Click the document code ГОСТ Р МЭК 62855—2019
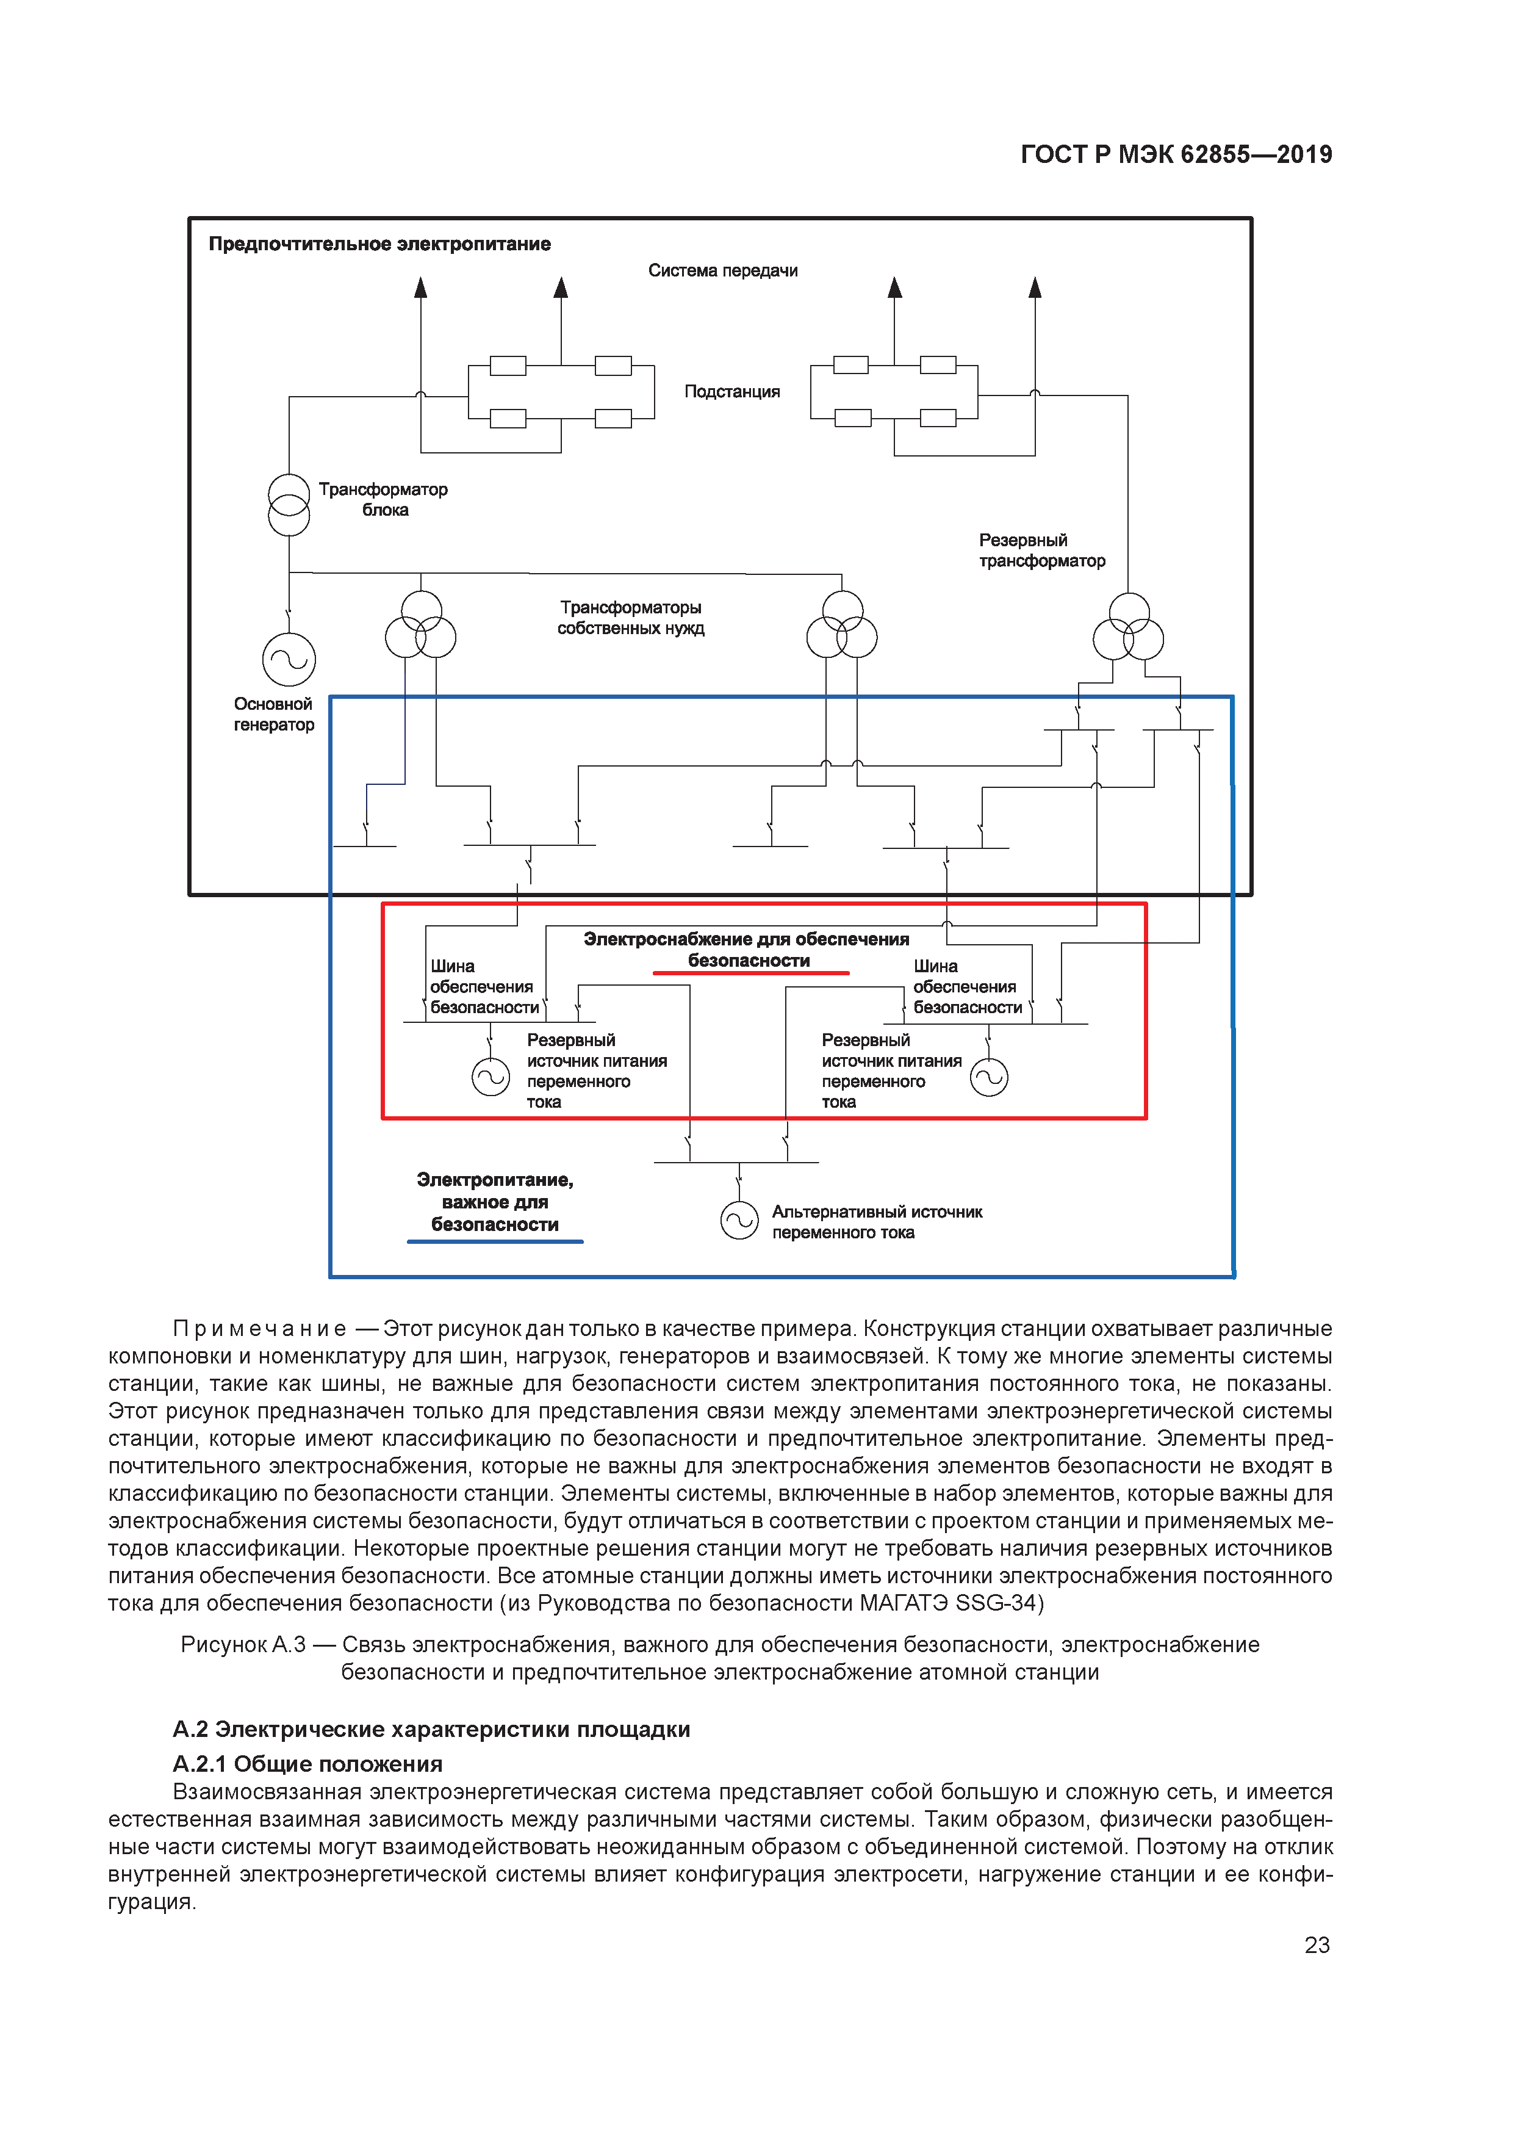pyautogui.click(x=1176, y=155)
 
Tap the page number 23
pyautogui.click(x=1317, y=1944)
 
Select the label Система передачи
pyautogui.click(x=722, y=270)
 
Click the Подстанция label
pyautogui.click(x=732, y=392)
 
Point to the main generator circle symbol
pyautogui.click(x=289, y=659)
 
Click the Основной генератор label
pyautogui.click(x=273, y=714)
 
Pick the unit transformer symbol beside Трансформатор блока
pyautogui.click(x=289, y=505)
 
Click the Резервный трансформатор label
pyautogui.click(x=1041, y=550)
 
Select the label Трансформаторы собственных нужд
pyautogui.click(x=630, y=617)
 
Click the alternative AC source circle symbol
pyautogui.click(x=739, y=1221)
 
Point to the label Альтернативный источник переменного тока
pyautogui.click(x=876, y=1222)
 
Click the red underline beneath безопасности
pyautogui.click(x=750, y=973)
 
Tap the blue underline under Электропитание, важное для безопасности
pyautogui.click(x=495, y=1241)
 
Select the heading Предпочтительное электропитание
pyautogui.click(x=379, y=244)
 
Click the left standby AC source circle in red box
pyautogui.click(x=491, y=1077)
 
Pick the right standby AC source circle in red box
pyautogui.click(x=989, y=1077)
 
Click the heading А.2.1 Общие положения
pyautogui.click(x=307, y=1763)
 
